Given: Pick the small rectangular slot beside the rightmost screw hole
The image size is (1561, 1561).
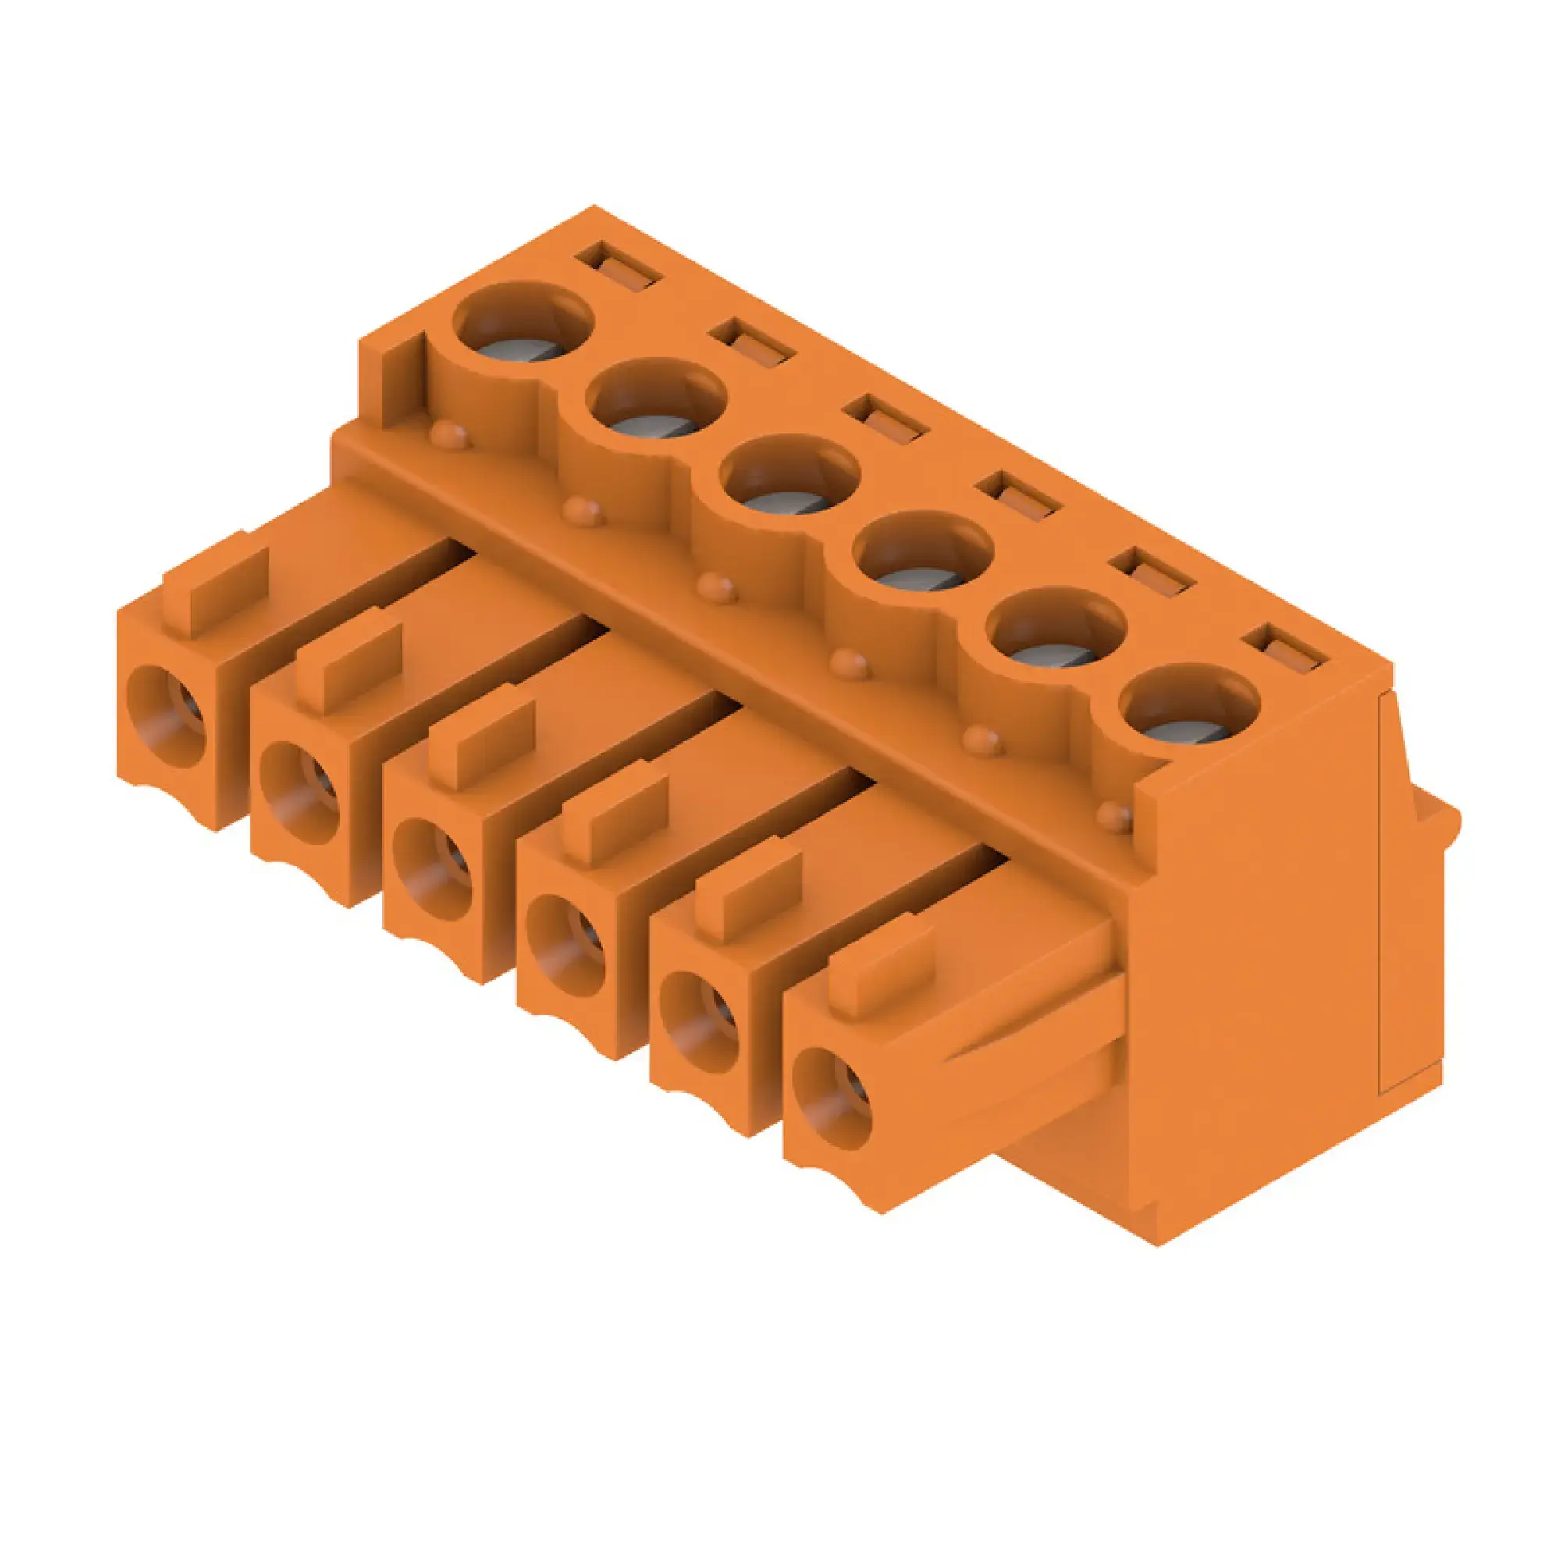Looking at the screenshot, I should click(1288, 651).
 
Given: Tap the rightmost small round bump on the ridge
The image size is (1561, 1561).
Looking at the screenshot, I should click(1115, 818).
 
